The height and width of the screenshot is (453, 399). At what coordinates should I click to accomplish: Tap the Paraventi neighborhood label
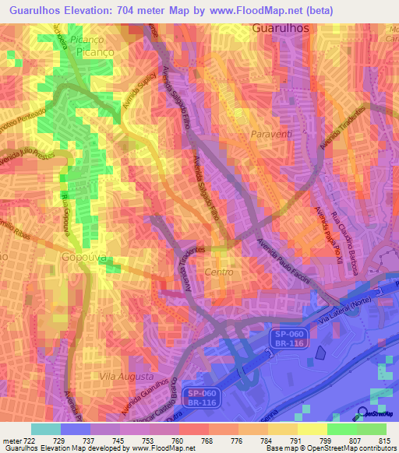pos(273,135)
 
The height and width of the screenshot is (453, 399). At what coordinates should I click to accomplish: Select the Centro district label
pos(218,272)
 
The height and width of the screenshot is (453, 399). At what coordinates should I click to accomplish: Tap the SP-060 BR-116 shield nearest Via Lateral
pos(290,336)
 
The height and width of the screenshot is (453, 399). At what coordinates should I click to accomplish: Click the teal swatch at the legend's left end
pos(46,429)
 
